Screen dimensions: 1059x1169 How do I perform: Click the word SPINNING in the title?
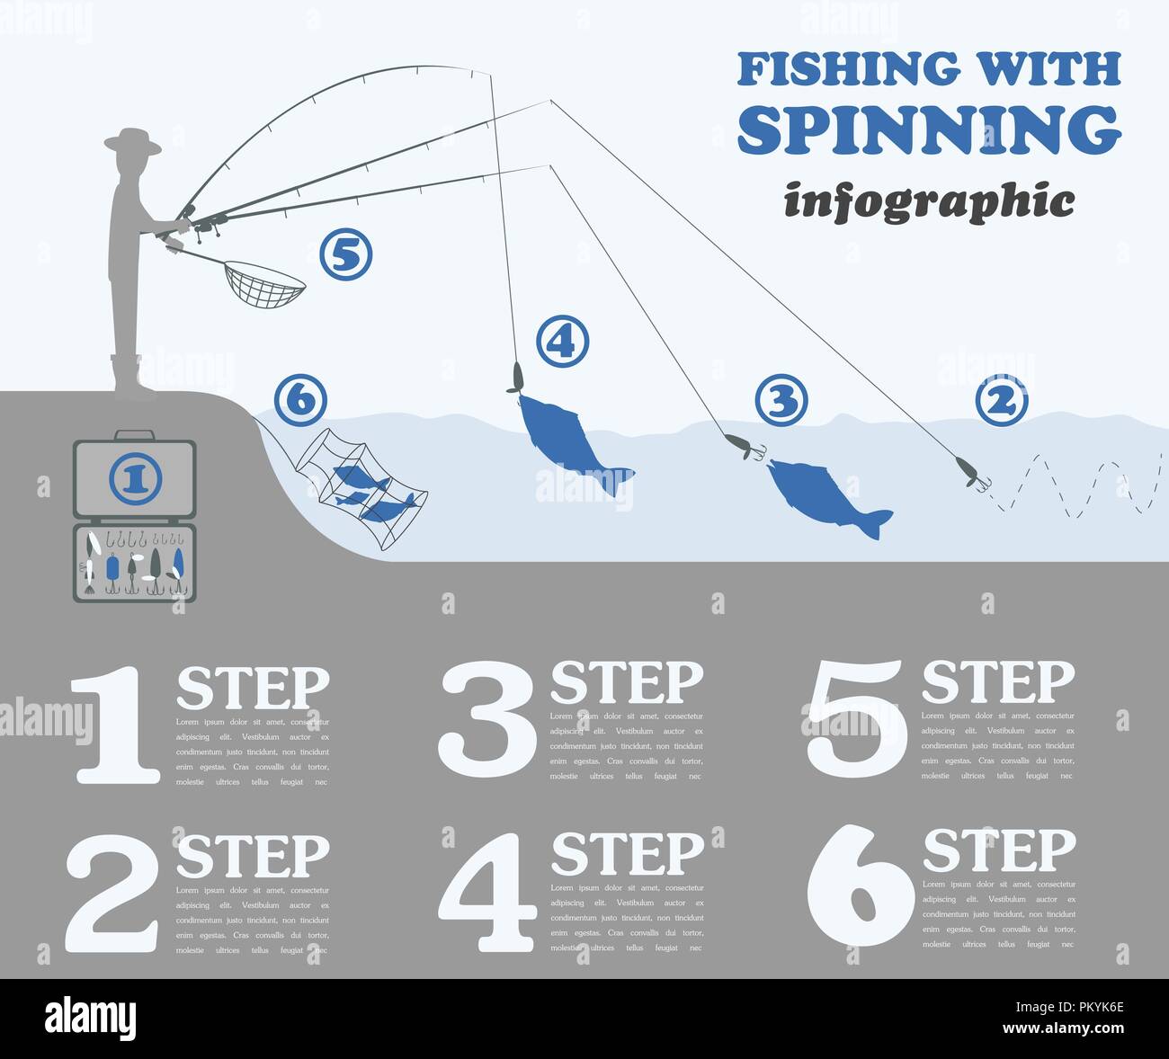coord(929,129)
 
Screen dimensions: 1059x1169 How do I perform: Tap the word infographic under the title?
coord(928,200)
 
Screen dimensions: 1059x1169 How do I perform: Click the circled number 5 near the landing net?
coord(346,255)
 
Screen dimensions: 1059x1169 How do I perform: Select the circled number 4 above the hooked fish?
coord(563,342)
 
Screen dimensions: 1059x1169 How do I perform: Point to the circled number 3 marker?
coord(781,401)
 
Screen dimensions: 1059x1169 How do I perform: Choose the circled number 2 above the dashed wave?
coord(1001,401)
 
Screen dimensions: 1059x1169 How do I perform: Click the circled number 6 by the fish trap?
coord(300,399)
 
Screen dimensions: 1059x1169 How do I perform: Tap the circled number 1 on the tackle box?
coord(135,478)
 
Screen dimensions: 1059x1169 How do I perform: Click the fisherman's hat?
coord(133,140)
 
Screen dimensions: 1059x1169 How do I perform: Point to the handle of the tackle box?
coord(134,434)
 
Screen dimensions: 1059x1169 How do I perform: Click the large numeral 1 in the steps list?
coord(115,725)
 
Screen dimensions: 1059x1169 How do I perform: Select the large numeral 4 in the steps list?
coord(486,892)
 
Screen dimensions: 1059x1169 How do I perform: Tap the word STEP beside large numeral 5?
coord(997,681)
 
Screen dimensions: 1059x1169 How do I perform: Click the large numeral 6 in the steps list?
coord(858,890)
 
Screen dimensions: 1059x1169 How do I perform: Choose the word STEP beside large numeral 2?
coord(253,856)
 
